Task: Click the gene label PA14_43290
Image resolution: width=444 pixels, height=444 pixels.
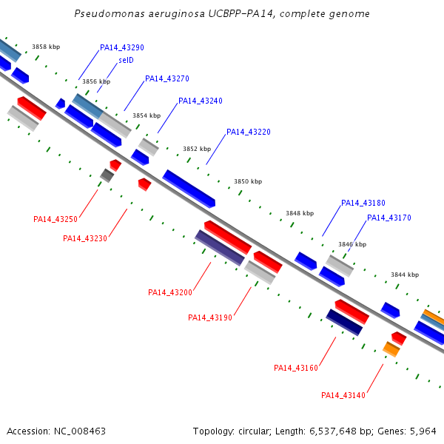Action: click(122, 47)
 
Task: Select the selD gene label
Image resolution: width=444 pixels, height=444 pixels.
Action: click(126, 60)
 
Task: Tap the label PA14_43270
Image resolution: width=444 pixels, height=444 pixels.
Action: click(167, 78)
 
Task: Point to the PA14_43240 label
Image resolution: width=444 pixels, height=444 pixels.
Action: click(201, 101)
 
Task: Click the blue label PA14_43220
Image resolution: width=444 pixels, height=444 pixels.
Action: click(249, 132)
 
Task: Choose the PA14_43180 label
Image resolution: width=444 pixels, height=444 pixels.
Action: click(363, 203)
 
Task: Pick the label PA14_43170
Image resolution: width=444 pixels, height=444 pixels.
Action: click(389, 218)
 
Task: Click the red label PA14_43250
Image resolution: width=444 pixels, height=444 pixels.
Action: click(55, 220)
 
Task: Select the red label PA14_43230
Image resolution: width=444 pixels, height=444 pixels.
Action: click(85, 239)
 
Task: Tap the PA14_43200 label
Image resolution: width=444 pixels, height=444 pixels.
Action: click(170, 292)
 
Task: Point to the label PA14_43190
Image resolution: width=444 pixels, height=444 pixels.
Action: click(210, 317)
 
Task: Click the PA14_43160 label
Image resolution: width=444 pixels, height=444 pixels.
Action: click(296, 368)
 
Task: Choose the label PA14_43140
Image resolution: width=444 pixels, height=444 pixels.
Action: click(343, 395)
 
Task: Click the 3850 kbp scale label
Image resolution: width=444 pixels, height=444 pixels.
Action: click(248, 181)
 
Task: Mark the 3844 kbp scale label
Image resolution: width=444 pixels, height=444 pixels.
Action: click(405, 275)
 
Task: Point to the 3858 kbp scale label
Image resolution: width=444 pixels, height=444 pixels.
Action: click(46, 47)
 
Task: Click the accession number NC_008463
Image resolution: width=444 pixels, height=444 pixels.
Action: click(80, 431)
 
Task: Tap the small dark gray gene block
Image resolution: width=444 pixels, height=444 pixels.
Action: click(107, 175)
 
